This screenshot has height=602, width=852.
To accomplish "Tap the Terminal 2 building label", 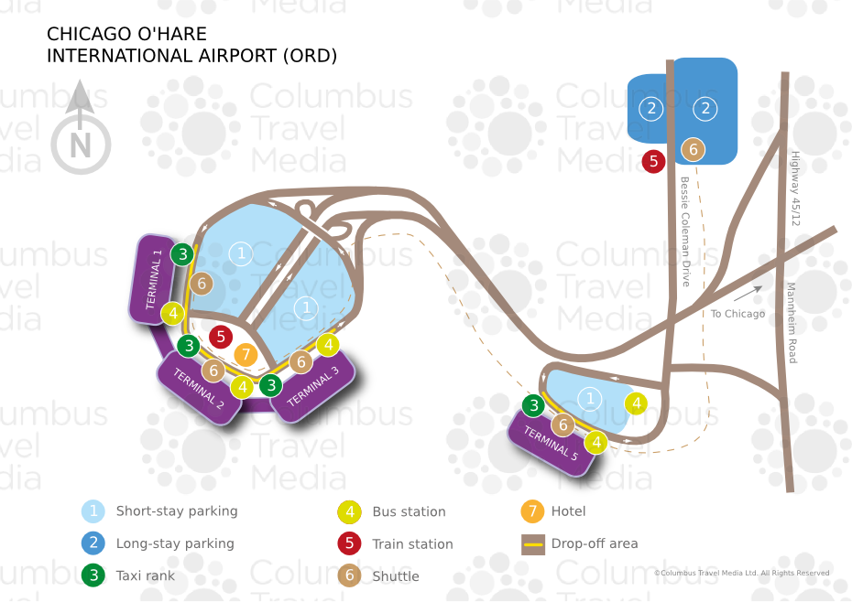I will [199, 388].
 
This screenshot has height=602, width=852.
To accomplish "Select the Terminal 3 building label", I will [313, 387].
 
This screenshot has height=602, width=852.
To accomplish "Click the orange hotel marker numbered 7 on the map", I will [245, 354].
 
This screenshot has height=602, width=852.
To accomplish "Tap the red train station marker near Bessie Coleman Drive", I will [653, 161].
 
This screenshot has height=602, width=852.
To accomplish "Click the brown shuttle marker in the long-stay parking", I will [694, 149].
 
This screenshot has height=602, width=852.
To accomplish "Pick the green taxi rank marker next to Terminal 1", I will [183, 253].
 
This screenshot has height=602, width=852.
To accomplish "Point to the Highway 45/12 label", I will [795, 188].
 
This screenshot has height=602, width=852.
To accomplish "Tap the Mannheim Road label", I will [792, 323].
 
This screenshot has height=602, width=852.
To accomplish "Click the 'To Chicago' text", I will [737, 314].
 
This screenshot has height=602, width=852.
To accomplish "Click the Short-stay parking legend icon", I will [93, 511].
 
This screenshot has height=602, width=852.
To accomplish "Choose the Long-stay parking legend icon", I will [93, 543].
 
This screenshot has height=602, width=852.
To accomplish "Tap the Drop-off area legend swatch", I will [532, 543].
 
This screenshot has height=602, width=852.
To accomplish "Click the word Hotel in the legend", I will [569, 511].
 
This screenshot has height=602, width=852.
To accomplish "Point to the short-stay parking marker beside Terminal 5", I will [590, 398].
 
